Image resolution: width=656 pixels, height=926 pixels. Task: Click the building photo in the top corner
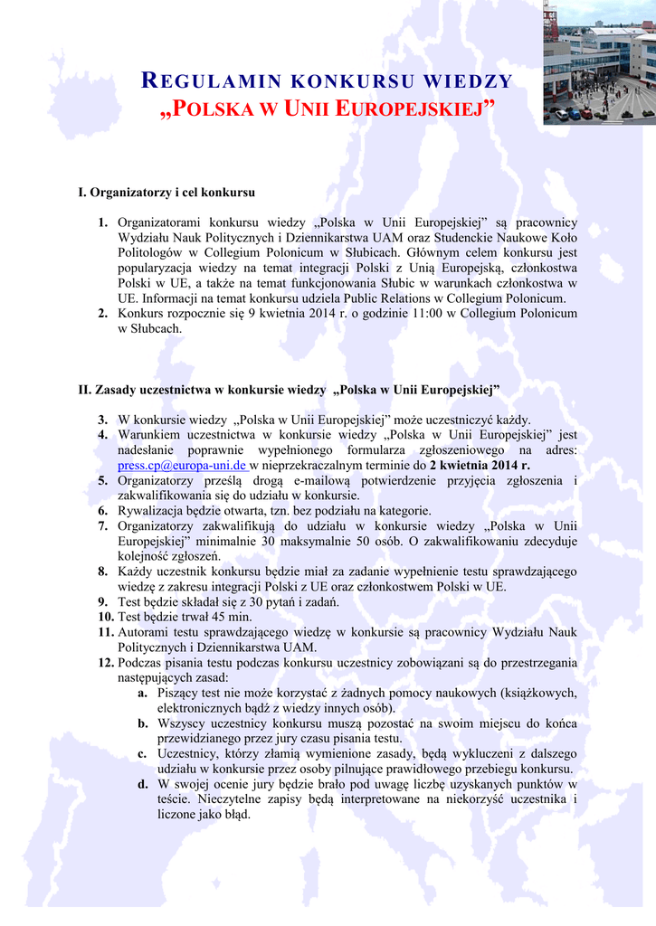click(599, 61)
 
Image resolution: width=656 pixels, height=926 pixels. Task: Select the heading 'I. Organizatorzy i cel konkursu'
click(167, 193)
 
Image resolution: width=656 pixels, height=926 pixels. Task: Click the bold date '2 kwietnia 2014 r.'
click(480, 465)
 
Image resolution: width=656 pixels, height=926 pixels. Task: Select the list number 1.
click(103, 222)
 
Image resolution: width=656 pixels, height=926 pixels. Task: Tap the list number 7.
click(103, 526)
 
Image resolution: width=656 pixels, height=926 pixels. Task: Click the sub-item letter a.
click(143, 693)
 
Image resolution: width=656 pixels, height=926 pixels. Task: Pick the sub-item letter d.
click(143, 784)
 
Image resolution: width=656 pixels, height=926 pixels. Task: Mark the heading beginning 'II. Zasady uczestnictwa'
click(290, 390)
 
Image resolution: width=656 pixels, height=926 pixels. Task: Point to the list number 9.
click(103, 602)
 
